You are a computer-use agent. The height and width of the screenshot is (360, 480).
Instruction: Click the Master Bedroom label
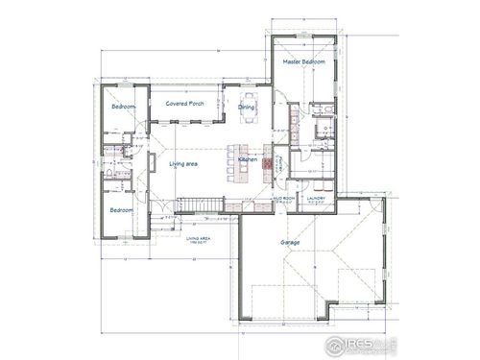point(303,62)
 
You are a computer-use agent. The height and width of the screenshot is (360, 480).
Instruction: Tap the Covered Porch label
point(183,103)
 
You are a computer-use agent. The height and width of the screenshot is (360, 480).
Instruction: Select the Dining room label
point(246,108)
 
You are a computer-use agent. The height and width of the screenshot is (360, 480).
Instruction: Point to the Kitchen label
point(247,158)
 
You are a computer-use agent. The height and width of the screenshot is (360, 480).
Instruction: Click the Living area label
point(184,165)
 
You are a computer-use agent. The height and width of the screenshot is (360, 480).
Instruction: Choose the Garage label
point(287,245)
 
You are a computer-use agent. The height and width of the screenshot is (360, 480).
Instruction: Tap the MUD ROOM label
point(283,199)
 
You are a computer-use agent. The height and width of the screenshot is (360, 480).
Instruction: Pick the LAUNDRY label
point(316,199)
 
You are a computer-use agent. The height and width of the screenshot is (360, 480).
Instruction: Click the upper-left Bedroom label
point(122,108)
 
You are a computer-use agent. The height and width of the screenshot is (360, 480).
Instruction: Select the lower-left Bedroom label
point(120,209)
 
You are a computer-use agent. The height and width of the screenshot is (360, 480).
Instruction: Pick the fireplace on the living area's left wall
point(150,165)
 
